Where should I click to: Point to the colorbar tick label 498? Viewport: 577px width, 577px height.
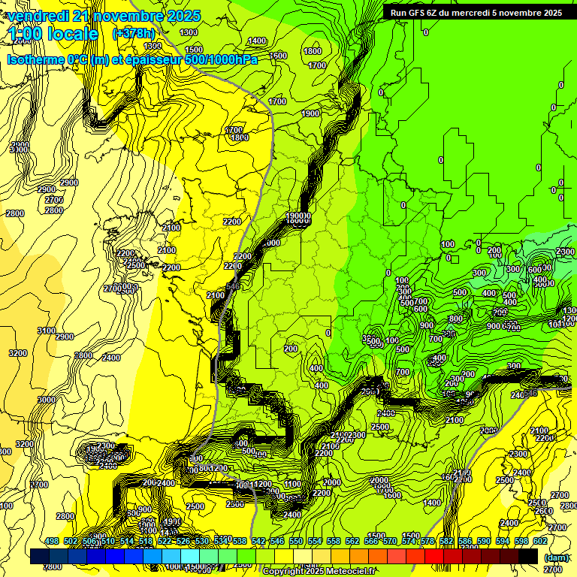52,541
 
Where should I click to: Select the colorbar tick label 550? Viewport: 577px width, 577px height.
296,541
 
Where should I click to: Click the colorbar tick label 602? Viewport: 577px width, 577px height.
540,541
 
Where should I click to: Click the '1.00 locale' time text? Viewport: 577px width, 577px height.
54,34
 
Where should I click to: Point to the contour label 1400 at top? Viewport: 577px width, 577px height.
258,41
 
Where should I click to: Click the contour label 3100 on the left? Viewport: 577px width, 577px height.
46,331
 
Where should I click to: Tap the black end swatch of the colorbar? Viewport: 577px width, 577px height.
528,557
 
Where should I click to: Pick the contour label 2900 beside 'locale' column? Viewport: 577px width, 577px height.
69,183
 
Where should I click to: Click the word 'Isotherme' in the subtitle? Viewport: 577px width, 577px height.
35,59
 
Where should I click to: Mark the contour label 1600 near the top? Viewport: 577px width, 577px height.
279,56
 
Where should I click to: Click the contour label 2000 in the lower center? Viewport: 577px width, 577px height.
331,482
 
